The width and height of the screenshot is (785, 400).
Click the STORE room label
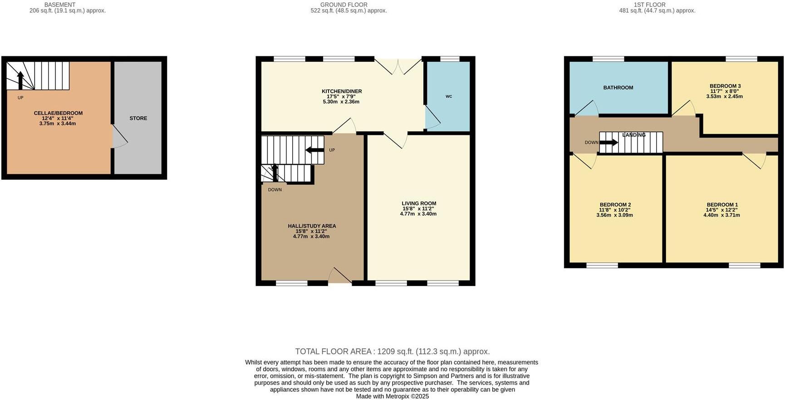[138, 118]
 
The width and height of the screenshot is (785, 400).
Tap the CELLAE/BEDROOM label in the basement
[58, 113]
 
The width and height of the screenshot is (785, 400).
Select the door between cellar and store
[120, 137]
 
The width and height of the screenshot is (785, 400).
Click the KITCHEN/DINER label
[342, 91]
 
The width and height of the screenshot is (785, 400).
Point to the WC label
[448, 96]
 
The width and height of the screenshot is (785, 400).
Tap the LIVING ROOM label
[418, 203]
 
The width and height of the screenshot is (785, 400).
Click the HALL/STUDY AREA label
[312, 226]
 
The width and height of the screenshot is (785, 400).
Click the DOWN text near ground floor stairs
[275, 190]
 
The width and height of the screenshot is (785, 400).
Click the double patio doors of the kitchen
[398, 67]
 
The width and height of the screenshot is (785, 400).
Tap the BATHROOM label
[618, 88]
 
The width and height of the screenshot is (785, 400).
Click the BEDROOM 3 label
[725, 86]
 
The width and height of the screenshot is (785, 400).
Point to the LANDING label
[633, 135]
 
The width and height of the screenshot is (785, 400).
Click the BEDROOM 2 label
[615, 205]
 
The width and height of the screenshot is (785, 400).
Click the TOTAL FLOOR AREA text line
[392, 351]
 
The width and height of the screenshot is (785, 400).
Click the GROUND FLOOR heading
[343, 5]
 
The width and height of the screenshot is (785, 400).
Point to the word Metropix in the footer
[397, 396]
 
